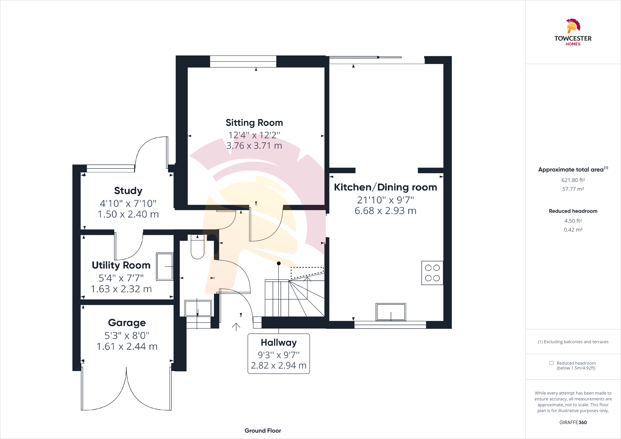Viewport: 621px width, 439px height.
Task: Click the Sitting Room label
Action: point(254,123)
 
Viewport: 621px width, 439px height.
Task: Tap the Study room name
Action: point(128,191)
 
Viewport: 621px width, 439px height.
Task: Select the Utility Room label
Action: point(121,265)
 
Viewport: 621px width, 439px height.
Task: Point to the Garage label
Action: point(127,323)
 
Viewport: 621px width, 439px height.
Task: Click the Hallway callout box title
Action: point(279,342)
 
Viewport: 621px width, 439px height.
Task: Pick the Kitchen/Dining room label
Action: point(385,187)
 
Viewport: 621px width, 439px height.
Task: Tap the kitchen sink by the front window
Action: point(391,312)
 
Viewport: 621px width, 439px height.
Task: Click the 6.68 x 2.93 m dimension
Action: point(385,211)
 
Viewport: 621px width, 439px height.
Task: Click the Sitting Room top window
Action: point(243,61)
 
